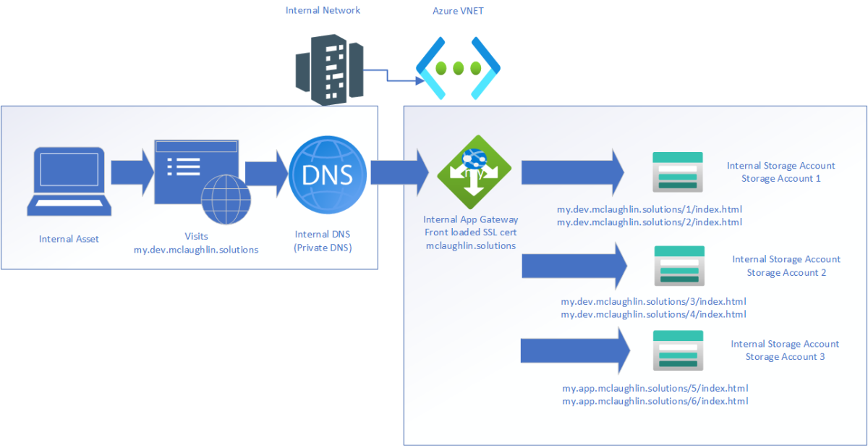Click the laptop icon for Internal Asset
70,180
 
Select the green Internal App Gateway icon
475,174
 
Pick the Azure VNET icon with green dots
458,69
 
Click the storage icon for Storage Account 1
678,172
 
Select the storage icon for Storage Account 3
678,351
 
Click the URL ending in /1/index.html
650,209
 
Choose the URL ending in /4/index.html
653,314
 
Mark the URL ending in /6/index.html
655,400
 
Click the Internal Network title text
323,10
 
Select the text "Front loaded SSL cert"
471,232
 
